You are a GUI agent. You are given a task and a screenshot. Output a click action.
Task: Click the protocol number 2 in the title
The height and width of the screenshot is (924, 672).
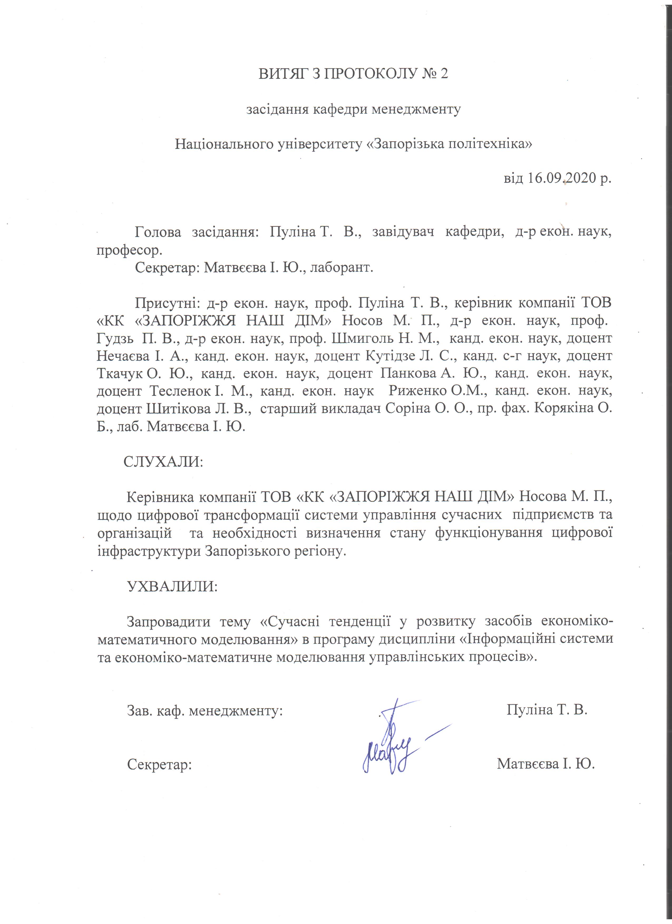click(x=443, y=74)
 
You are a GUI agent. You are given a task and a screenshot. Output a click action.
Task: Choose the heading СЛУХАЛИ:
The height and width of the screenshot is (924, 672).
click(x=163, y=461)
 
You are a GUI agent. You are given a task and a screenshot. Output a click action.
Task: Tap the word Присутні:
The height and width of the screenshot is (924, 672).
click(x=167, y=303)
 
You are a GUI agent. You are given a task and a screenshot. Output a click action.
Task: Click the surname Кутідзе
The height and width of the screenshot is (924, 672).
click(x=395, y=356)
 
